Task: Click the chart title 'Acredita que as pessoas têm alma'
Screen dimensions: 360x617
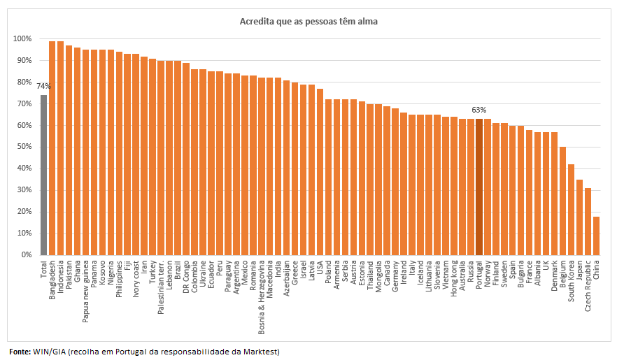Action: pyautogui.click(x=308, y=22)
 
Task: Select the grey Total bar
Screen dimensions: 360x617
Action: pyautogui.click(x=43, y=175)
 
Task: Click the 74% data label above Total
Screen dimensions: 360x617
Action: pyautogui.click(x=43, y=86)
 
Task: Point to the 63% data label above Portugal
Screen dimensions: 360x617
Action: pyautogui.click(x=479, y=110)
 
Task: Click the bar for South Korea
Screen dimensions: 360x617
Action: pyautogui.click(x=571, y=210)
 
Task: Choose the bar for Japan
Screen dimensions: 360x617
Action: pyautogui.click(x=579, y=217)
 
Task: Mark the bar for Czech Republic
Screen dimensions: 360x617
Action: pyautogui.click(x=588, y=222)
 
